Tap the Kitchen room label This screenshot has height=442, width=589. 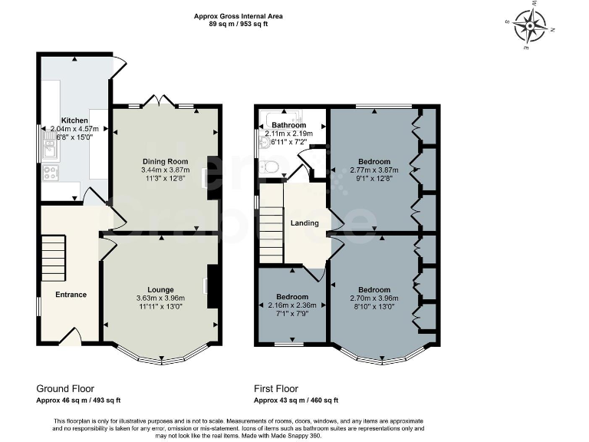click(74, 120)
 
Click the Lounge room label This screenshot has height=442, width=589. click(161, 289)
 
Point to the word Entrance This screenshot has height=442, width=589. click(71, 295)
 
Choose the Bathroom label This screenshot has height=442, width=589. click(289, 125)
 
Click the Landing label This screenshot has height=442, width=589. click(304, 223)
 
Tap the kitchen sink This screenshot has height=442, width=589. click(50, 144)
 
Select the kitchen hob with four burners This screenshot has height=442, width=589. click(51, 173)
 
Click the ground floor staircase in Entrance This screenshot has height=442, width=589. click(52, 257)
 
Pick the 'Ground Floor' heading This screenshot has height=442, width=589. click(65, 389)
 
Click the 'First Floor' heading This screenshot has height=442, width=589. click(276, 389)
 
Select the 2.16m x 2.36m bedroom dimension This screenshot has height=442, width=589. click(292, 305)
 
